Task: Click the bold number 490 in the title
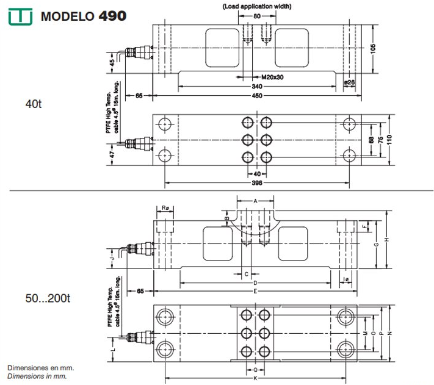(x=112, y=15)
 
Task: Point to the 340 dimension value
(x=256, y=87)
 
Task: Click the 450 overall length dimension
(x=256, y=96)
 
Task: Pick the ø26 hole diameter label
(x=349, y=81)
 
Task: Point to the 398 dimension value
(x=256, y=184)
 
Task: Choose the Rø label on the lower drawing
(x=165, y=208)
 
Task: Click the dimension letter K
(x=255, y=379)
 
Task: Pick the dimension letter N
(x=399, y=333)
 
